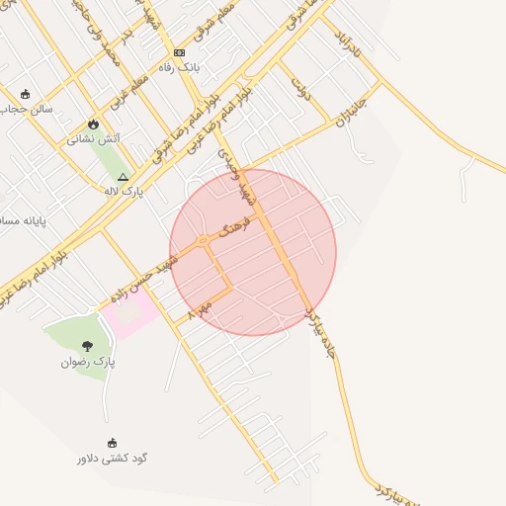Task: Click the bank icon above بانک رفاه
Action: (x=179, y=52)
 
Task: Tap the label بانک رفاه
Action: (x=180, y=67)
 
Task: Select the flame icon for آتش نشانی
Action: (x=93, y=125)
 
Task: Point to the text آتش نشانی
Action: (x=94, y=139)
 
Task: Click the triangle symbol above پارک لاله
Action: (x=123, y=176)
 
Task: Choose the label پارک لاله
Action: (x=124, y=191)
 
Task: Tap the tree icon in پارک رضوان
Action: (x=88, y=346)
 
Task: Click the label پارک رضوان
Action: (x=88, y=362)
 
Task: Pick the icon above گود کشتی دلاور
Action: (x=112, y=443)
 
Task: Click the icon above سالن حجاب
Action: (x=25, y=94)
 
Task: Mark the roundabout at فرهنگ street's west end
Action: (x=202, y=240)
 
